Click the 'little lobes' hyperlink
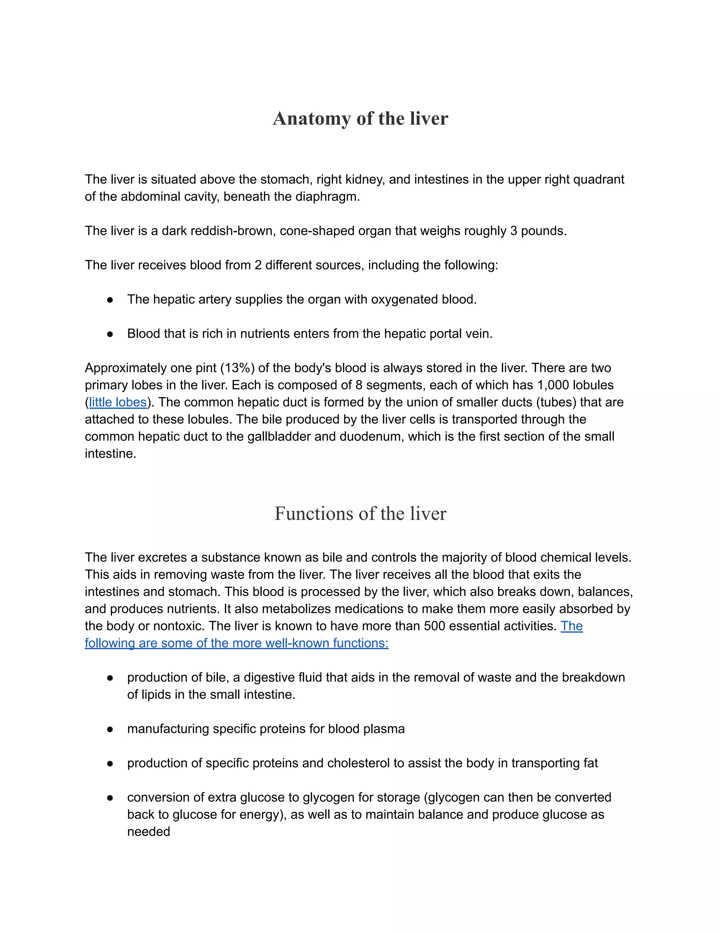click(118, 402)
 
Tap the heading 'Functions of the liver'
click(360, 513)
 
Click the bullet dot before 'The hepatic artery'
click(110, 300)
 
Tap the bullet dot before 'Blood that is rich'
click(110, 334)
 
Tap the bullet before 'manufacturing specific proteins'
click(110, 729)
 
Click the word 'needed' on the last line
click(149, 831)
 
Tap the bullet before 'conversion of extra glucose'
click(110, 797)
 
